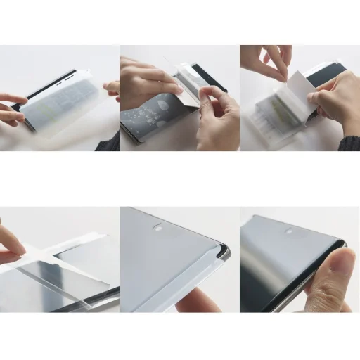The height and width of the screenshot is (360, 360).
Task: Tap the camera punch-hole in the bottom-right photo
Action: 288,231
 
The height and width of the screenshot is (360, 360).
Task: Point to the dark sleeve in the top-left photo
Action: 109,141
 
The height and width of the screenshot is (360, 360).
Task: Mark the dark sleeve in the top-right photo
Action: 350,137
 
